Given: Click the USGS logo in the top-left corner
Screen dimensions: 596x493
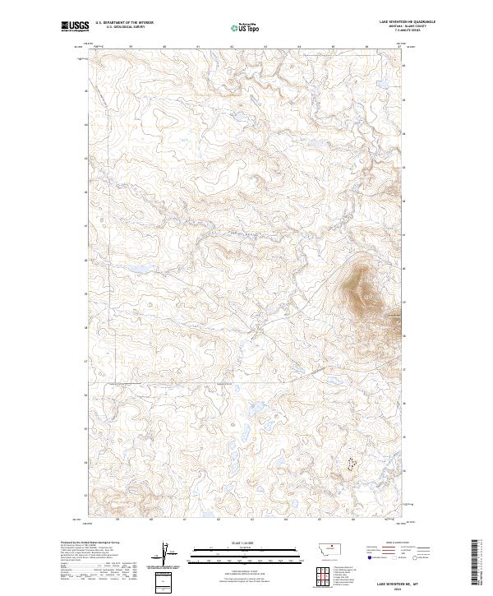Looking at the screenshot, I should pyautogui.click(x=75, y=27).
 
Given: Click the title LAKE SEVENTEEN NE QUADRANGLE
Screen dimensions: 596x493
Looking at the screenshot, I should pyautogui.click(x=407, y=22).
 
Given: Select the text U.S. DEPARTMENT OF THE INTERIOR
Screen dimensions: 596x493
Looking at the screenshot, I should pyautogui.click(x=124, y=23).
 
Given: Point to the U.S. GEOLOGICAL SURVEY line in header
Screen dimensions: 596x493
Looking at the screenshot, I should pyautogui.click(x=123, y=28).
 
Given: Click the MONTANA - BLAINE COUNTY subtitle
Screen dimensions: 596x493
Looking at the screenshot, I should pyautogui.click(x=407, y=27).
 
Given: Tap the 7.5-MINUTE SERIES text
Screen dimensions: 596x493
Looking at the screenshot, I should pyautogui.click(x=407, y=32).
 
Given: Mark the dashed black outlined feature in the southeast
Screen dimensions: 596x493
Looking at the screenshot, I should pyautogui.click(x=351, y=464).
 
